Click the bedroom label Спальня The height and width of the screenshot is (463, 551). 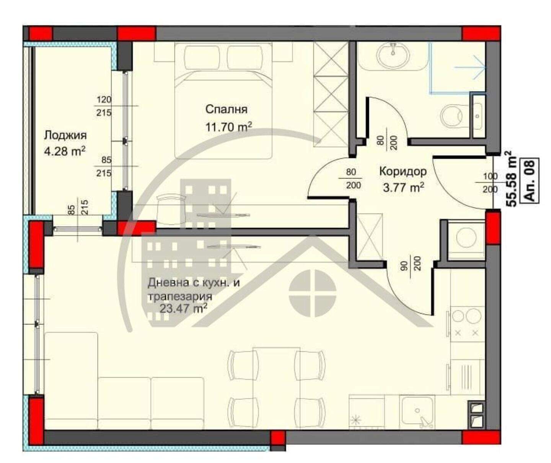pyautogui.click(x=227, y=109)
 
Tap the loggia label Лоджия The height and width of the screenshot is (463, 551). pyautogui.click(x=65, y=135)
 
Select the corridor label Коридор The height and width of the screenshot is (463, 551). pyautogui.click(x=403, y=172)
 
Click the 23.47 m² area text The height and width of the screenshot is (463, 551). pyautogui.click(x=183, y=308)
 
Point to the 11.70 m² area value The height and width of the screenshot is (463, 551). pyautogui.click(x=228, y=127)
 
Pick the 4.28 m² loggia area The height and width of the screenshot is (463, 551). pyautogui.click(x=65, y=152)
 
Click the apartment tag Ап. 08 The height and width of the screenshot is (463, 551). pyautogui.click(x=529, y=181)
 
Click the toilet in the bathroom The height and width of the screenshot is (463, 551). pyautogui.click(x=454, y=116)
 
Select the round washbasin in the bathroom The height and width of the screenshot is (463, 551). pyautogui.click(x=393, y=56)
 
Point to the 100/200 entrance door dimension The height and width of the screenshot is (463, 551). pyautogui.click(x=490, y=183)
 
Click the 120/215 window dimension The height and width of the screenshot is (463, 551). pyautogui.click(x=104, y=106)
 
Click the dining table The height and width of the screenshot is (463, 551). pyautogui.click(x=276, y=391)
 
